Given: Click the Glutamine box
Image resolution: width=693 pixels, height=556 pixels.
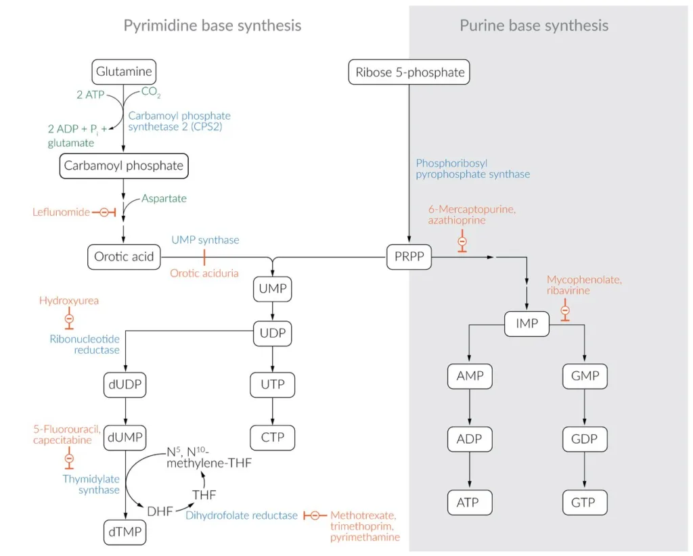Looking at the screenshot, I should (124, 71).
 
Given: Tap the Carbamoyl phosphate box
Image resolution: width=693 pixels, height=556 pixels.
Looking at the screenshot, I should (123, 165).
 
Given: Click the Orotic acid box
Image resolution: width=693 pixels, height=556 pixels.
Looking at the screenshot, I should (124, 257).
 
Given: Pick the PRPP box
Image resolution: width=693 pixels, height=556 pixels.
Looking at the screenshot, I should (409, 257).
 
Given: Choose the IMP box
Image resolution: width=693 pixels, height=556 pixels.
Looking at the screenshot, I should (527, 323).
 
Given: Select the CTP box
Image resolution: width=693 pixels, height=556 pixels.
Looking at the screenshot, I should (273, 437).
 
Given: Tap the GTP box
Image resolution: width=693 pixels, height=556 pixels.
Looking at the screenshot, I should (584, 503).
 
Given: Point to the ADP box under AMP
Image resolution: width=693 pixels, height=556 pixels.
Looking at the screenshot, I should (469, 439).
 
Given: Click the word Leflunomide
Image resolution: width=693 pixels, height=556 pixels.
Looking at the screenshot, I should (61, 212).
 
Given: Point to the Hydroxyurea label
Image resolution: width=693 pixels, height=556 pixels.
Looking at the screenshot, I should (68, 300).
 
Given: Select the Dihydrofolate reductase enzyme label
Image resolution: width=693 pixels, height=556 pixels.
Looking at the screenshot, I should (241, 515).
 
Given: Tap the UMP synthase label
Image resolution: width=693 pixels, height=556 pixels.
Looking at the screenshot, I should (205, 240).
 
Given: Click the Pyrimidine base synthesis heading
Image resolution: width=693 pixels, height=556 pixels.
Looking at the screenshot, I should (212, 26).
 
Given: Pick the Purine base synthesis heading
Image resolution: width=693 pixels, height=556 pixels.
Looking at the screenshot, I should (534, 26).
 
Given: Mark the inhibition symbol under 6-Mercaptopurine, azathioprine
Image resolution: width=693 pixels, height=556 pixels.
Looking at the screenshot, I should (462, 241).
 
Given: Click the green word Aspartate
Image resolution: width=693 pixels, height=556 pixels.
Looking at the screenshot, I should (164, 199).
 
